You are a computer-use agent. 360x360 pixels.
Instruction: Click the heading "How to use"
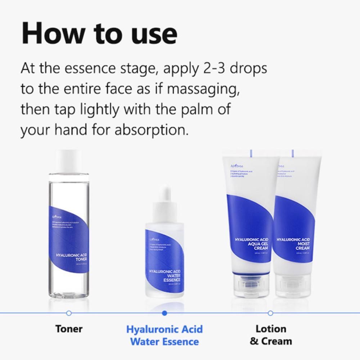coord(99,33)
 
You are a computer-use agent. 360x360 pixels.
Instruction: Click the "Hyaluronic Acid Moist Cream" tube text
coord(293,244)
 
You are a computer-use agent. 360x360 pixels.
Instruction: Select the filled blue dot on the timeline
coord(165,313)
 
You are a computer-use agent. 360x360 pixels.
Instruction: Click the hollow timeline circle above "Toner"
coord(69,313)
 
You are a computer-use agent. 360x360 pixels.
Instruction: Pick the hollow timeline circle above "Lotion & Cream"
coord(270,313)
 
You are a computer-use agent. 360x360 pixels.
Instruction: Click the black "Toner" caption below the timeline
coord(69,329)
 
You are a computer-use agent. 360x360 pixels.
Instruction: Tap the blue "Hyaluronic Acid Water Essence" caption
coord(165,335)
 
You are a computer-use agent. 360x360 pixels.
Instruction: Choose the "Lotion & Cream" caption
coord(271,335)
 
